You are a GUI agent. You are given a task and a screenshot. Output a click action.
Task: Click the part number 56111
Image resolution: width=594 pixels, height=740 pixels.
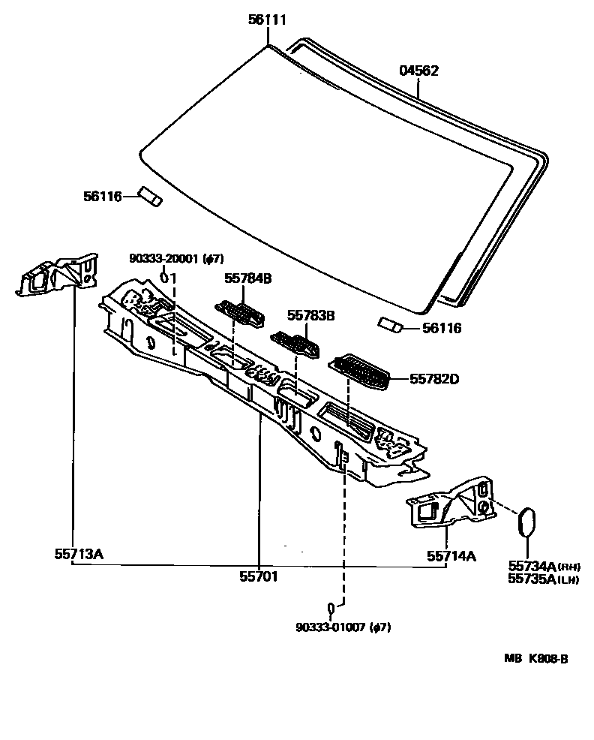pos(267,20)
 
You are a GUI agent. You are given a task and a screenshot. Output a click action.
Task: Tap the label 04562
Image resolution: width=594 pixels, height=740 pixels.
pos(418,71)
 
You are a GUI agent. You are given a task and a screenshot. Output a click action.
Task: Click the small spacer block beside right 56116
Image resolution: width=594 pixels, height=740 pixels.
pos(390,324)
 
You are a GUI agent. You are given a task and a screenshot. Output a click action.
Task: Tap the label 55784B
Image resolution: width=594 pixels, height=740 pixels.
pos(247,278)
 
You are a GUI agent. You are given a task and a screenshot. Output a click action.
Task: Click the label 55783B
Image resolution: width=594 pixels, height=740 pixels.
pos(310,316)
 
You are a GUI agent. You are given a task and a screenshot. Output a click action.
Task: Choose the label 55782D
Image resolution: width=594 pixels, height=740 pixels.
pos(433,379)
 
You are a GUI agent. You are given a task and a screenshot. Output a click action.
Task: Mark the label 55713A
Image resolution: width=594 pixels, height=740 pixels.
pos(78,555)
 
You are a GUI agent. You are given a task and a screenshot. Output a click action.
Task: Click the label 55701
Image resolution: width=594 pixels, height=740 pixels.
pos(259,576)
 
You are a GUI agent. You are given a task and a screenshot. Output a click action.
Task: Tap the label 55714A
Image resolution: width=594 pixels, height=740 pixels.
pos(451,555)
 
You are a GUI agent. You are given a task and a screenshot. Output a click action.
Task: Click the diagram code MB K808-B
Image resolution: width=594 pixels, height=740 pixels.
pos(535,659)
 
